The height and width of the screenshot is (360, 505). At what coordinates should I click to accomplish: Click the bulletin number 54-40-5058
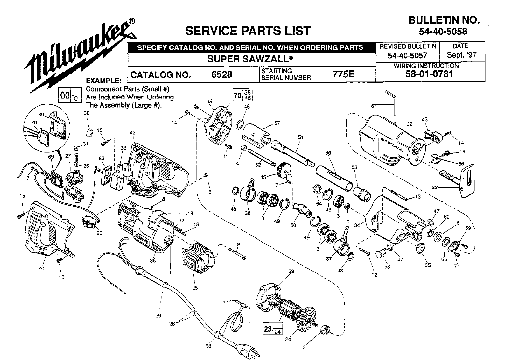pos(443,32)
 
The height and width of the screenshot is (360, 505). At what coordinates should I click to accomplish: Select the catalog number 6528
pos(221,74)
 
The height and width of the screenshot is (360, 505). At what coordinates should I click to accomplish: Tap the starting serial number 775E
pos(343,74)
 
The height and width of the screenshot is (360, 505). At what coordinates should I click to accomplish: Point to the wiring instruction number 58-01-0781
pos(429,74)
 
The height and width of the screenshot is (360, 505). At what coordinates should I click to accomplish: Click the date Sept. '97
pos(462,55)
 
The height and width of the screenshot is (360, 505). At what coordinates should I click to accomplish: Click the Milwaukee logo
pos(80,54)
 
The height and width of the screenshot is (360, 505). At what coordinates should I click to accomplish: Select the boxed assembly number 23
pos(268,329)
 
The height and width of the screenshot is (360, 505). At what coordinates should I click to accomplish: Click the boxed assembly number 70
pos(237,95)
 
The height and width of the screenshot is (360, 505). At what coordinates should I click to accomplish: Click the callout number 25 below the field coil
pos(195,288)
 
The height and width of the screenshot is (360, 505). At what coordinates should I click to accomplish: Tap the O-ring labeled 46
pos(241,124)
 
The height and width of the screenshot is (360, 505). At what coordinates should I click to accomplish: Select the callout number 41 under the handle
pos(42,268)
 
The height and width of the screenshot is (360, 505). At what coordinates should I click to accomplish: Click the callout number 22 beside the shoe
pos(435,187)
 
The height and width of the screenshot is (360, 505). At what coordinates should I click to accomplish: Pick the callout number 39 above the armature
pos(291,271)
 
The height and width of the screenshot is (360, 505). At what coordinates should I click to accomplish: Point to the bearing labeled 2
pos(325,330)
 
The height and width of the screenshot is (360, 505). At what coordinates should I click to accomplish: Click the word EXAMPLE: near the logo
pos(104,81)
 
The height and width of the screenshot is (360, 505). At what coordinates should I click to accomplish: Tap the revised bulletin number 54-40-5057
pos(407,55)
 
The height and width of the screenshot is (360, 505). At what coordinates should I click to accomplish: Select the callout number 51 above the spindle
pos(300,137)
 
